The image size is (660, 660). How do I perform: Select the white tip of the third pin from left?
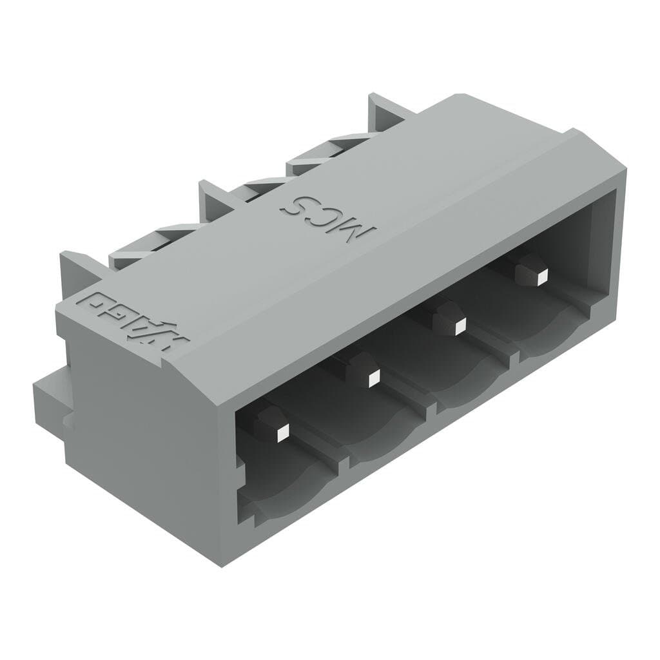tap(459, 327)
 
